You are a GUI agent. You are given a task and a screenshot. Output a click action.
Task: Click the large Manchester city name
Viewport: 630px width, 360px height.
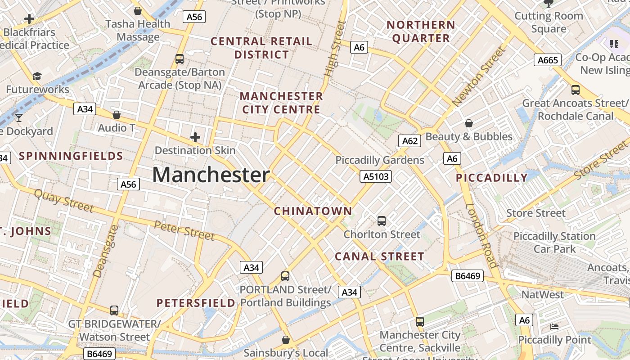click(211, 175)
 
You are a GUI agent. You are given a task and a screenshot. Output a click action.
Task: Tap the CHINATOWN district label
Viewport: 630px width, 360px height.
click(313, 211)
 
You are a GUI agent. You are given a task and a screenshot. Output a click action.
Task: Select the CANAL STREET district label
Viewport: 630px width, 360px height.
click(379, 256)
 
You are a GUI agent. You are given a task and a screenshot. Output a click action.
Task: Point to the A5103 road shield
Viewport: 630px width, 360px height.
click(376, 176)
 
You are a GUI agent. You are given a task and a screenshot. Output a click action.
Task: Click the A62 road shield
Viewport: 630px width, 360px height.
click(409, 141)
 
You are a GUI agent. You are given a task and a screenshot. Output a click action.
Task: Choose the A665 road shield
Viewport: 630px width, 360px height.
click(548, 60)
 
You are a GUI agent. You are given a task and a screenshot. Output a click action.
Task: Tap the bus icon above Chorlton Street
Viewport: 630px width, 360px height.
click(382, 220)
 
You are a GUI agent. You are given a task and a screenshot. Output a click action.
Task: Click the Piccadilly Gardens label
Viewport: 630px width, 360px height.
click(380, 160)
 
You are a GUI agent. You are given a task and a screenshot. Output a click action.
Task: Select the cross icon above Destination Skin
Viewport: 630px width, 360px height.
click(195, 137)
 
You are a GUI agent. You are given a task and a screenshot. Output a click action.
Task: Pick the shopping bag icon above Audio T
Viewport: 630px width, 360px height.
click(117, 115)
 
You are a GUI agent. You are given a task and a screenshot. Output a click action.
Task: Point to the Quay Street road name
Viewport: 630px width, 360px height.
click(63, 201)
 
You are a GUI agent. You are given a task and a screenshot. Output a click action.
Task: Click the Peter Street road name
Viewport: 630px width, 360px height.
click(184, 230)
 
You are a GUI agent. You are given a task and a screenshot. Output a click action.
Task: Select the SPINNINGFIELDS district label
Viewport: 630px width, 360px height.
click(71, 156)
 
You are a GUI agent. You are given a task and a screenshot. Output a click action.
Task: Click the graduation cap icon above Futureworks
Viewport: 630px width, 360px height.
click(37, 76)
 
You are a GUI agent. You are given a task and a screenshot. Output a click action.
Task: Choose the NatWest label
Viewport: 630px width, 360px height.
click(542, 295)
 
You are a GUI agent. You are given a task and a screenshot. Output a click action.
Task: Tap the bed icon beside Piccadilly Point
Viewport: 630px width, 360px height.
click(554, 326)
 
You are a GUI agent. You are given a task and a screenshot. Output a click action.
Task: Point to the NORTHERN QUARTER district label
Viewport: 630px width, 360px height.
click(421, 31)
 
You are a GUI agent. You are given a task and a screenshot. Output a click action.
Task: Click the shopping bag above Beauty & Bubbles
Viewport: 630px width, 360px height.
click(469, 123)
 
